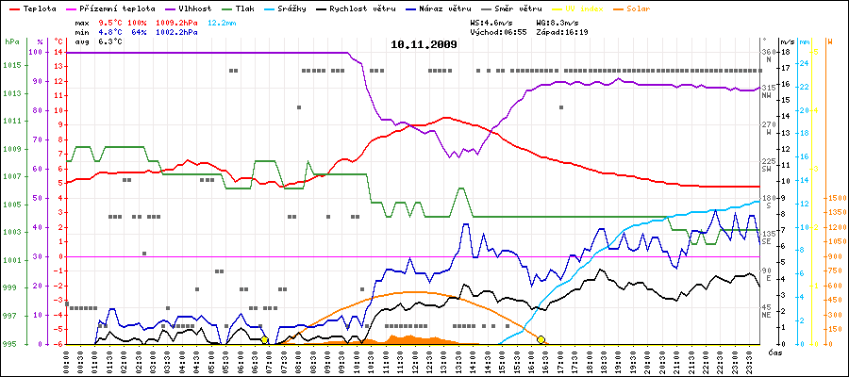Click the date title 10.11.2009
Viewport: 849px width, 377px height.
click(x=424, y=44)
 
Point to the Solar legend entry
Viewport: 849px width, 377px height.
click(x=651, y=8)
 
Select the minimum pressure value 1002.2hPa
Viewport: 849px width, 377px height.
click(x=177, y=32)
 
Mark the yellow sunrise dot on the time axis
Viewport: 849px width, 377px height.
click(x=264, y=339)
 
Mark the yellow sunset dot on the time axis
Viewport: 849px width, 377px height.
click(x=541, y=339)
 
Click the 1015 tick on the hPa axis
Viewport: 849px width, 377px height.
click(x=11, y=65)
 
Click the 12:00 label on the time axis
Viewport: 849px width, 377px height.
click(x=416, y=360)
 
